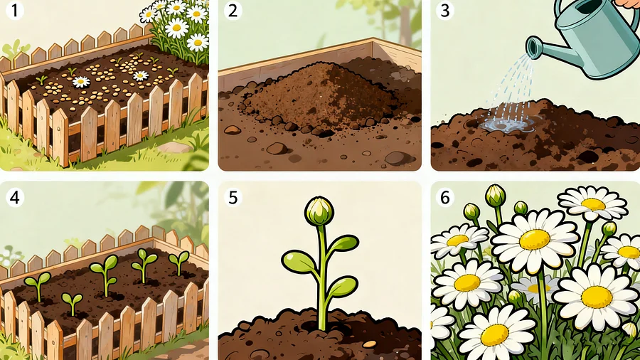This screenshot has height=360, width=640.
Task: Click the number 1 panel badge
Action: point(15,10)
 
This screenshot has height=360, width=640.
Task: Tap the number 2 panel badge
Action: point(233,10)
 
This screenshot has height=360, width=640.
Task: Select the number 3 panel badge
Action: point(445,10)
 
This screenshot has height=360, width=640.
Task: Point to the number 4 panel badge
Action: point(15,198)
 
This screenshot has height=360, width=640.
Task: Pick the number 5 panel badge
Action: point(233,198)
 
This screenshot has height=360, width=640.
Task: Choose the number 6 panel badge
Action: point(445,198)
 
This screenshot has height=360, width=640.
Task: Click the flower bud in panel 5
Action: point(319,211)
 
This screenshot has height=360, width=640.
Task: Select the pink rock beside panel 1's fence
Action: point(174,147)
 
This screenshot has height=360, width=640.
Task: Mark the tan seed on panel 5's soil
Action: point(369,344)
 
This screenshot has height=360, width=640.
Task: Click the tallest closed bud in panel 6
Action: point(495,196)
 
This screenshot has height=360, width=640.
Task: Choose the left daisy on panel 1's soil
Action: point(81,82)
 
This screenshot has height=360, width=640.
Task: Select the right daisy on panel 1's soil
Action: point(140,75)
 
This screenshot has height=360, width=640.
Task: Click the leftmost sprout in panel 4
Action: point(38,286)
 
